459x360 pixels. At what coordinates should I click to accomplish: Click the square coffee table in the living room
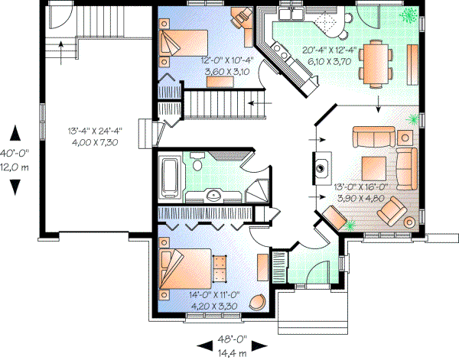pyautogui.click(x=373, y=166)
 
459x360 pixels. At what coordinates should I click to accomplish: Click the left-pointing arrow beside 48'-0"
pyautogui.click(x=203, y=342)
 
